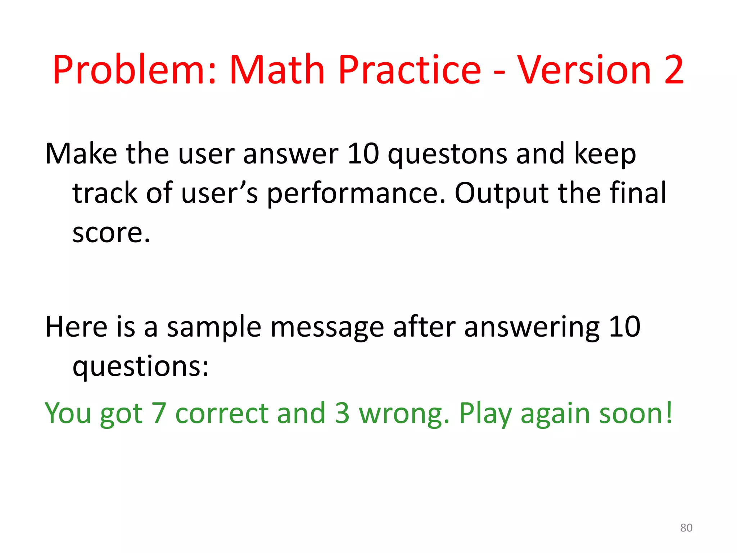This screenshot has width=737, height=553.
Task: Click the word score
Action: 111,233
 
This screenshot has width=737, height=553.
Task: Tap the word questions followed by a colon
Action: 140,367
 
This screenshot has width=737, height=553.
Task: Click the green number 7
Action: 159,413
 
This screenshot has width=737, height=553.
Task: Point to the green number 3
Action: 342,413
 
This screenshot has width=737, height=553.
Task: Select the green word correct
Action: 222,413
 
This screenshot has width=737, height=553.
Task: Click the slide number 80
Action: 686,528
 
